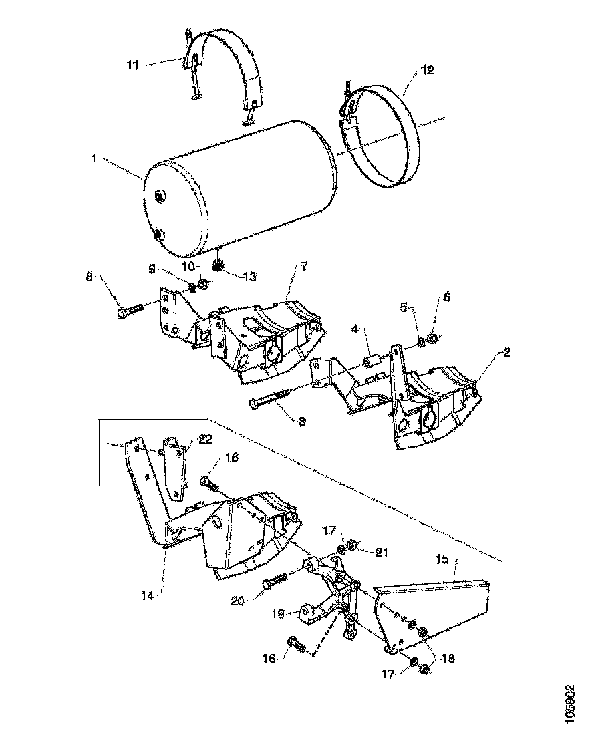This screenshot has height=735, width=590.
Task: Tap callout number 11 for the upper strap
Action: click(132, 65)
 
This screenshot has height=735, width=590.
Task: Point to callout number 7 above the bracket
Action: click(304, 267)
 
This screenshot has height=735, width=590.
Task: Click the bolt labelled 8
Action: click(130, 311)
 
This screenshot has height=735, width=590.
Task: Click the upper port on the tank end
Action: click(160, 196)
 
